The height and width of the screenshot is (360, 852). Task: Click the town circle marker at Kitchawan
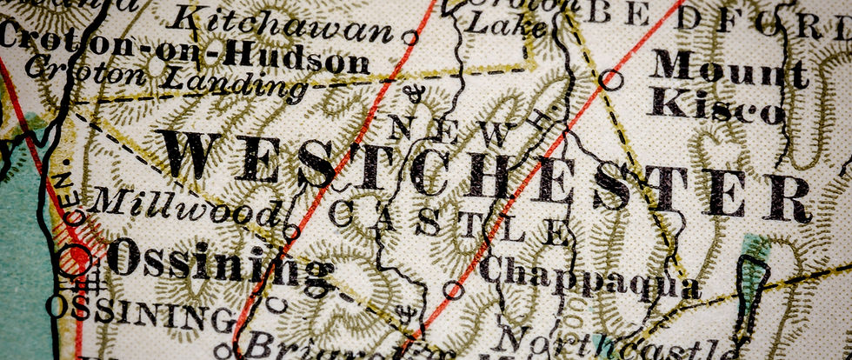click(x=410, y=37)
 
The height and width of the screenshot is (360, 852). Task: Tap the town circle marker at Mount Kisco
click(x=612, y=81)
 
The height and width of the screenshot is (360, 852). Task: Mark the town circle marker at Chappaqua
click(x=452, y=290)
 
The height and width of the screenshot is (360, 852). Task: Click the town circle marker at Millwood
click(x=292, y=232)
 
